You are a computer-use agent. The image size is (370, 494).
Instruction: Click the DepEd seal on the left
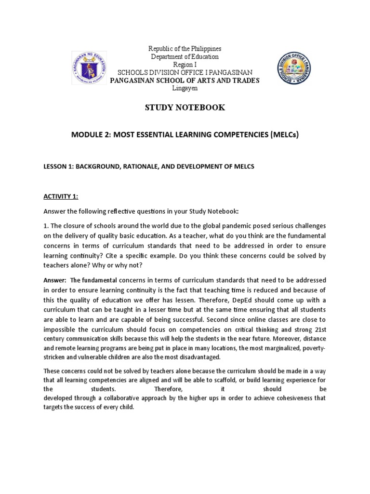[x=90, y=67]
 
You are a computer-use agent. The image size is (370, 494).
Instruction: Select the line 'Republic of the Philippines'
[x=185, y=49]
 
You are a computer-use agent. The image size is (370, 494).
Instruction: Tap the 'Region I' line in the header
[x=185, y=65]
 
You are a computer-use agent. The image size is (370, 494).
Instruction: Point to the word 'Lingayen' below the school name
[x=185, y=88]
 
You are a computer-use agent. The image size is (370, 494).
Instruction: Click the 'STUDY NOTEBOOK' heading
[x=185, y=108]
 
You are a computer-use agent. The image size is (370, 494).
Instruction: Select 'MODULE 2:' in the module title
[x=89, y=136]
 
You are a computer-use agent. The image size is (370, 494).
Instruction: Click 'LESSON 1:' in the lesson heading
[x=59, y=166]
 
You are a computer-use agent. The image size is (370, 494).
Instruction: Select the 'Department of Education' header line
[x=185, y=57]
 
